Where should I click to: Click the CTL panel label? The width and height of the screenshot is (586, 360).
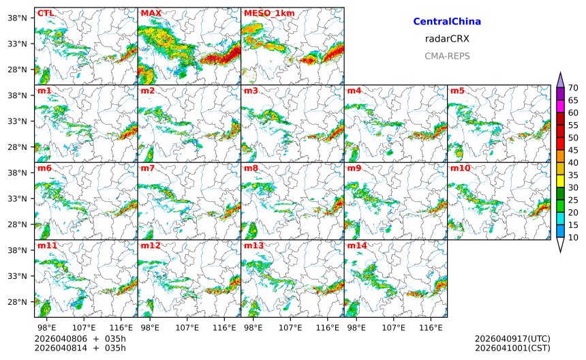pyautogui.click(x=44, y=13)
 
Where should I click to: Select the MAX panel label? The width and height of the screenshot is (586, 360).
pyautogui.click(x=151, y=13)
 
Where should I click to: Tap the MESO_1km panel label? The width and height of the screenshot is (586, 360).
pyautogui.click(x=266, y=13)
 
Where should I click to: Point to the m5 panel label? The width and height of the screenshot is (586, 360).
pyautogui.click(x=457, y=91)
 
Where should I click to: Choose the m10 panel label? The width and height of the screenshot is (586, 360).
pyautogui.click(x=459, y=168)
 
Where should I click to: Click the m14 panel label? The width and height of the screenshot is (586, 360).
pyautogui.click(x=356, y=245)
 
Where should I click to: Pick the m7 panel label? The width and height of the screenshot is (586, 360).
pyautogui.click(x=148, y=168)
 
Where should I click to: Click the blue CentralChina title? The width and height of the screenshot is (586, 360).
pyautogui.click(x=447, y=22)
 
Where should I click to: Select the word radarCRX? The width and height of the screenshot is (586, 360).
pyautogui.click(x=447, y=39)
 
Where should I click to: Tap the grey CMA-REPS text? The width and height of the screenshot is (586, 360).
pyautogui.click(x=447, y=56)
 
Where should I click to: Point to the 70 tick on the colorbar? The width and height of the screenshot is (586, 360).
pyautogui.click(x=573, y=88)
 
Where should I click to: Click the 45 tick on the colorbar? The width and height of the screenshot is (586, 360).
pyautogui.click(x=573, y=150)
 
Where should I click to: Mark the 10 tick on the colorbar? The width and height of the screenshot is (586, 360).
pyautogui.click(x=573, y=237)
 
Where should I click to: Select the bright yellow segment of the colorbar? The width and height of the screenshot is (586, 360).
pyautogui.click(x=560, y=181)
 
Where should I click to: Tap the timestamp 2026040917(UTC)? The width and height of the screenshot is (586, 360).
pyautogui.click(x=512, y=339)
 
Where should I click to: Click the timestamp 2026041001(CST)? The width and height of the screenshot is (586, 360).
pyautogui.click(x=512, y=348)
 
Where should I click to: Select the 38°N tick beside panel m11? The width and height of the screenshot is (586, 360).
pyautogui.click(x=16, y=250)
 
